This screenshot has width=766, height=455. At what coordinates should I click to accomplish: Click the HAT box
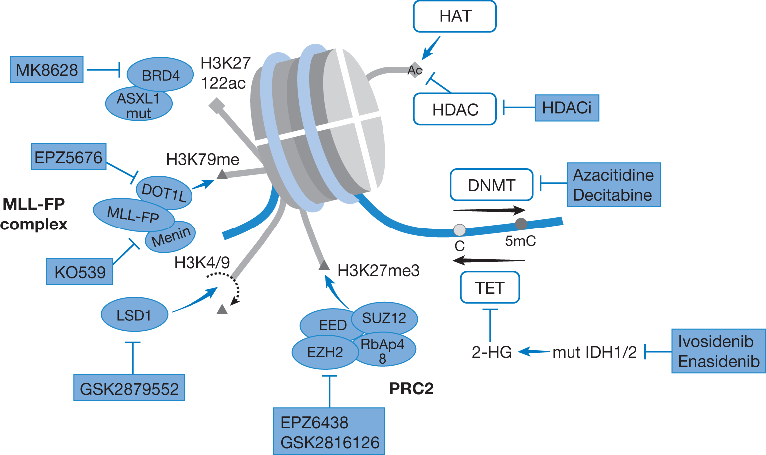[455, 16]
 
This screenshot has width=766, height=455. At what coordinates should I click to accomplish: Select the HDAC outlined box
[455, 109]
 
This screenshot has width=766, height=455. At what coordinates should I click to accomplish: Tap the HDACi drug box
[567, 108]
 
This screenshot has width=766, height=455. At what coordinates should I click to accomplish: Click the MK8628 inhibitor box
[47, 70]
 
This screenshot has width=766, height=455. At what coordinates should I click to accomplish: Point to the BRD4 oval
[160, 74]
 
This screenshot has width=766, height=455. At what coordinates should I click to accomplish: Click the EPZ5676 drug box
[69, 157]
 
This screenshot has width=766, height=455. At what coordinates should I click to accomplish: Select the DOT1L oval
[164, 192]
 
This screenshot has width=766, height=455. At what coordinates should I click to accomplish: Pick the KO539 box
[80, 271]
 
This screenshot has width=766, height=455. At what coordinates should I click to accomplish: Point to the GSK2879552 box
[129, 387]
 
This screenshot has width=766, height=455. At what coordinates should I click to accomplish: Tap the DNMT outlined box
[491, 185]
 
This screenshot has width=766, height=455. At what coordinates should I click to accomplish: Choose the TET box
[490, 287]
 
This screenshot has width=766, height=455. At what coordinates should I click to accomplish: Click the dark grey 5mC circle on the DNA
[521, 224]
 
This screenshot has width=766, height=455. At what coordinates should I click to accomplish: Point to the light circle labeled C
[460, 230]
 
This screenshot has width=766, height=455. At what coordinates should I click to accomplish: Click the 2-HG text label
[492, 352]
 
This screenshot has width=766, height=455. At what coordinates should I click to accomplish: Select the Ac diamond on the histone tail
[415, 70]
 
